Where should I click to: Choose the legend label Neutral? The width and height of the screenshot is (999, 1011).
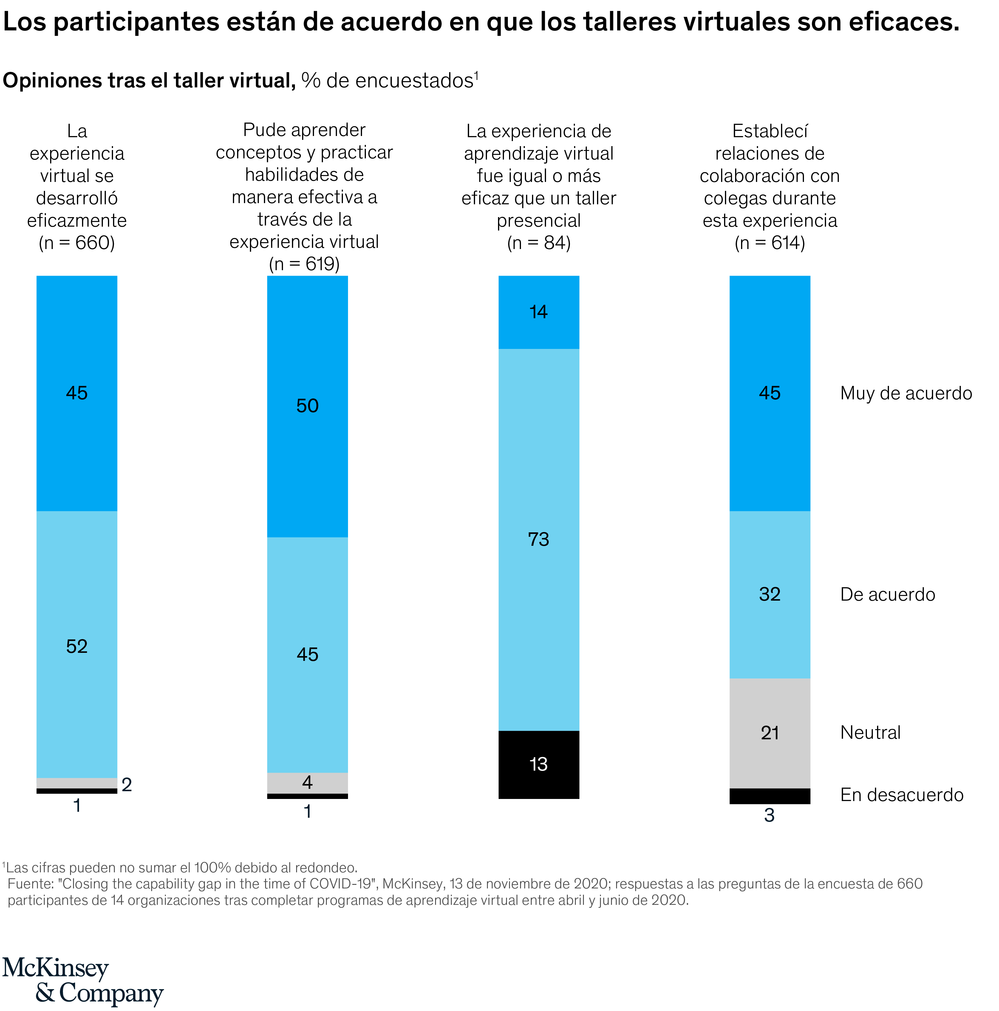point(870,733)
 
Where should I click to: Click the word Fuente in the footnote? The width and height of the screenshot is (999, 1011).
point(29,884)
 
